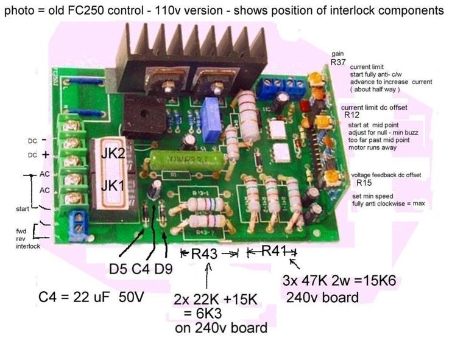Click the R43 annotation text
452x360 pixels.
pyautogui.click(x=205, y=255)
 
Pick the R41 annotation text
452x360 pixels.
pyautogui.click(x=272, y=251)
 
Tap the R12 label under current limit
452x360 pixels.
pyautogui.click(x=351, y=115)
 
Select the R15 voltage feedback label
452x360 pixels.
pyautogui.click(x=364, y=183)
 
